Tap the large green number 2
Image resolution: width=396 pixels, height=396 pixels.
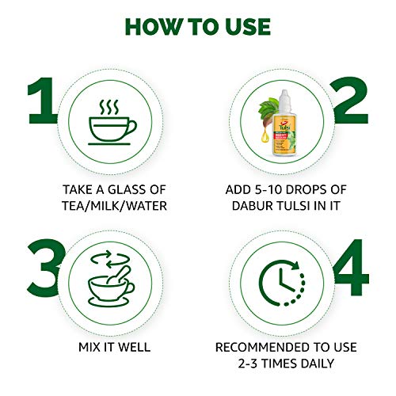pos(350,101)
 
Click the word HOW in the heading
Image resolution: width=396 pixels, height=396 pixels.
pos(153,27)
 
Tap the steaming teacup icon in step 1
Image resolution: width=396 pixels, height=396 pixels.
pos(112,122)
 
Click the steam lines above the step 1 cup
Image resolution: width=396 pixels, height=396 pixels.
pos(109,107)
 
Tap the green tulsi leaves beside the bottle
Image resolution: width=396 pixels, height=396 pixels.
pos(268,111)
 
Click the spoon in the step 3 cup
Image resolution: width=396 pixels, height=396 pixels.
pos(120,275)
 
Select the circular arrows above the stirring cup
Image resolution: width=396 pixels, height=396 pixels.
pos(110,259)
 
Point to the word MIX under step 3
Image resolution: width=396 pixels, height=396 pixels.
pos(89,347)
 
